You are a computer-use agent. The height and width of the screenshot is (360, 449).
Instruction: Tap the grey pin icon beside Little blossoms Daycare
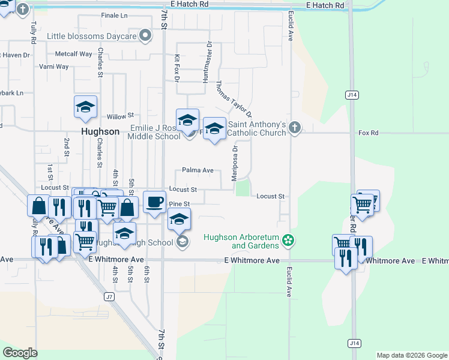tap(145, 36)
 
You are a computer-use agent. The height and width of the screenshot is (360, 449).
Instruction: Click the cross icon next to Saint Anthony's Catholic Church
tap(294, 127)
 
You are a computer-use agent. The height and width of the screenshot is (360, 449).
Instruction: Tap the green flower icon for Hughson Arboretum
tap(289, 241)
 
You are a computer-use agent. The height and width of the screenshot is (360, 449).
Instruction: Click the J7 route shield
tap(109, 296)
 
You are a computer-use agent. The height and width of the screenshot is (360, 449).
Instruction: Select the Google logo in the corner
tap(20, 353)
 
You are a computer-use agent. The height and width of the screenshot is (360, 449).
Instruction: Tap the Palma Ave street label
tap(197, 170)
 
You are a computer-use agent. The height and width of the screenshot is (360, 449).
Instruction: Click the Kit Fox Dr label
tap(177, 68)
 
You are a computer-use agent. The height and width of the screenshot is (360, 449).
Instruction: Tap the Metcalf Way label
tap(73, 54)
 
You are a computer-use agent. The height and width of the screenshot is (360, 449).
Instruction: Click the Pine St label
tap(179, 205)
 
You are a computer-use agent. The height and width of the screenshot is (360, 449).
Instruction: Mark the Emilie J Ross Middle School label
tap(154, 132)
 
